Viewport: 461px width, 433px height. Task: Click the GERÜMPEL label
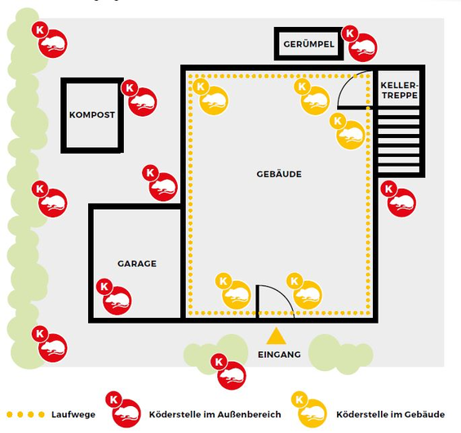(x=308, y=44)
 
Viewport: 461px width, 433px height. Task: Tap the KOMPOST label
(x=92, y=114)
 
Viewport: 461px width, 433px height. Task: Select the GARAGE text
(x=137, y=263)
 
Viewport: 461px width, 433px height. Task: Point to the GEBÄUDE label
(x=279, y=174)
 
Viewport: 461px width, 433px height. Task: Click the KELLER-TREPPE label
(x=399, y=91)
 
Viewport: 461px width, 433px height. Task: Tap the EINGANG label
(x=279, y=355)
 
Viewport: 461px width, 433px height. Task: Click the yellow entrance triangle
(x=276, y=336)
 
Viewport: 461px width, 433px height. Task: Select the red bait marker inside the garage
(x=114, y=297)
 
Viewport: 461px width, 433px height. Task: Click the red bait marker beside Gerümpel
(x=359, y=43)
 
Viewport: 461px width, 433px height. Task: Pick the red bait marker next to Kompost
(x=139, y=98)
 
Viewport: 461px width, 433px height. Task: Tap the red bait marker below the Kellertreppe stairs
(x=398, y=199)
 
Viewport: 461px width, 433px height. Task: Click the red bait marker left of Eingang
(x=228, y=372)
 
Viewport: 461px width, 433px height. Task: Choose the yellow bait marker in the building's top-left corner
(x=211, y=96)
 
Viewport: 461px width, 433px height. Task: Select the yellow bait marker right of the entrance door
(x=304, y=291)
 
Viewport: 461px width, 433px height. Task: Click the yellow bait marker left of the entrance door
(x=233, y=291)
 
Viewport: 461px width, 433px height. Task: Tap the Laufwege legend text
(x=73, y=414)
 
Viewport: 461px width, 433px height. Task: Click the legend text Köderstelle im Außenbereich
(x=215, y=414)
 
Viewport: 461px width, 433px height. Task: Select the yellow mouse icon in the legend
(x=309, y=410)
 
